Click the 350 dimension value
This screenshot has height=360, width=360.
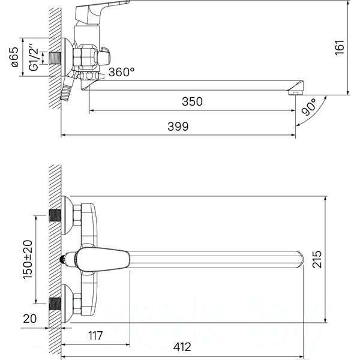(x=192, y=101)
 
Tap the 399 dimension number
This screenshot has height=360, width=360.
(x=178, y=127)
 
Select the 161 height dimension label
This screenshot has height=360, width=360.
(x=340, y=47)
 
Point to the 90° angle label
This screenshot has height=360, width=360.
(x=309, y=107)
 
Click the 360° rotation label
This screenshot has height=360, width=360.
(x=121, y=72)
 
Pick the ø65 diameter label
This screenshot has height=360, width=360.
(x=14, y=57)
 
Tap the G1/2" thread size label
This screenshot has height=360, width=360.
(x=34, y=57)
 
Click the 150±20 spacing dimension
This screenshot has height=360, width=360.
(x=28, y=259)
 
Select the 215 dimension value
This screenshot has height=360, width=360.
(x=317, y=259)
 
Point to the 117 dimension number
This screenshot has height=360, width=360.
(x=95, y=335)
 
